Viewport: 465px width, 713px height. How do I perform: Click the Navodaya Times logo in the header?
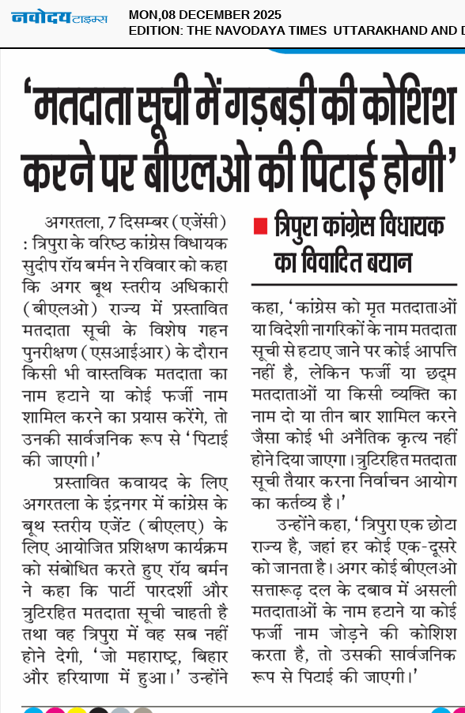click(59, 17)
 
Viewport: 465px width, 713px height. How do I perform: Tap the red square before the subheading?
click(259, 226)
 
